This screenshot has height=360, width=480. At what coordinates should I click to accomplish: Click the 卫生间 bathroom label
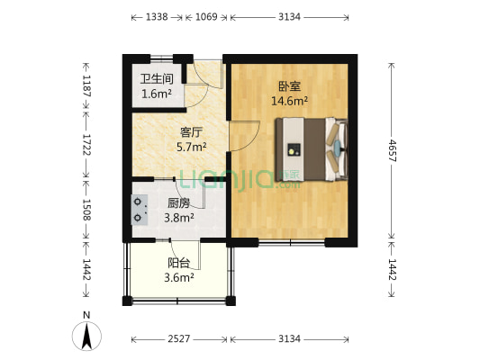click(x=156, y=78)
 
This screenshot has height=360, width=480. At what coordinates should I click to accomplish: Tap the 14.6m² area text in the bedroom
click(x=290, y=102)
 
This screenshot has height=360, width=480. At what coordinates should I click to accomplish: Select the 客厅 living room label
click(x=191, y=130)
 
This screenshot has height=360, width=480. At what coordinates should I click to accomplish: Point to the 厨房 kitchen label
click(x=178, y=202)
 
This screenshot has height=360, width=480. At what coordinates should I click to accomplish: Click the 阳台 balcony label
click(x=178, y=263)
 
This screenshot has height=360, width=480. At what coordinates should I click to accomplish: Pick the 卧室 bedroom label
click(x=289, y=87)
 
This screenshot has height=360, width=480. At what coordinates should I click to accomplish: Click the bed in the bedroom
click(x=315, y=148)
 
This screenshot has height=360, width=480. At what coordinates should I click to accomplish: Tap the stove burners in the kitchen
click(x=139, y=210)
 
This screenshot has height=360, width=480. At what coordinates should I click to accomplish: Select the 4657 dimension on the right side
click(x=394, y=149)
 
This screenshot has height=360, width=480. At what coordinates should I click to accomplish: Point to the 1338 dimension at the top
click(x=157, y=17)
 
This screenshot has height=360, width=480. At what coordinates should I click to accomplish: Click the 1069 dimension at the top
click(x=206, y=17)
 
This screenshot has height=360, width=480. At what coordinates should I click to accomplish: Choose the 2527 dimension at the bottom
click(x=178, y=338)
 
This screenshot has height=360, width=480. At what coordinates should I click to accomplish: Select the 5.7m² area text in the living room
click(x=191, y=146)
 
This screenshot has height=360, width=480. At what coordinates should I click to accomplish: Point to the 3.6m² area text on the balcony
click(x=178, y=278)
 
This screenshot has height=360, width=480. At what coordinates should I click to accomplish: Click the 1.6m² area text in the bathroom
click(x=156, y=93)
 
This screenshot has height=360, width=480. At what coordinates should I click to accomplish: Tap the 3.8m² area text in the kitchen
click(x=178, y=217)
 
